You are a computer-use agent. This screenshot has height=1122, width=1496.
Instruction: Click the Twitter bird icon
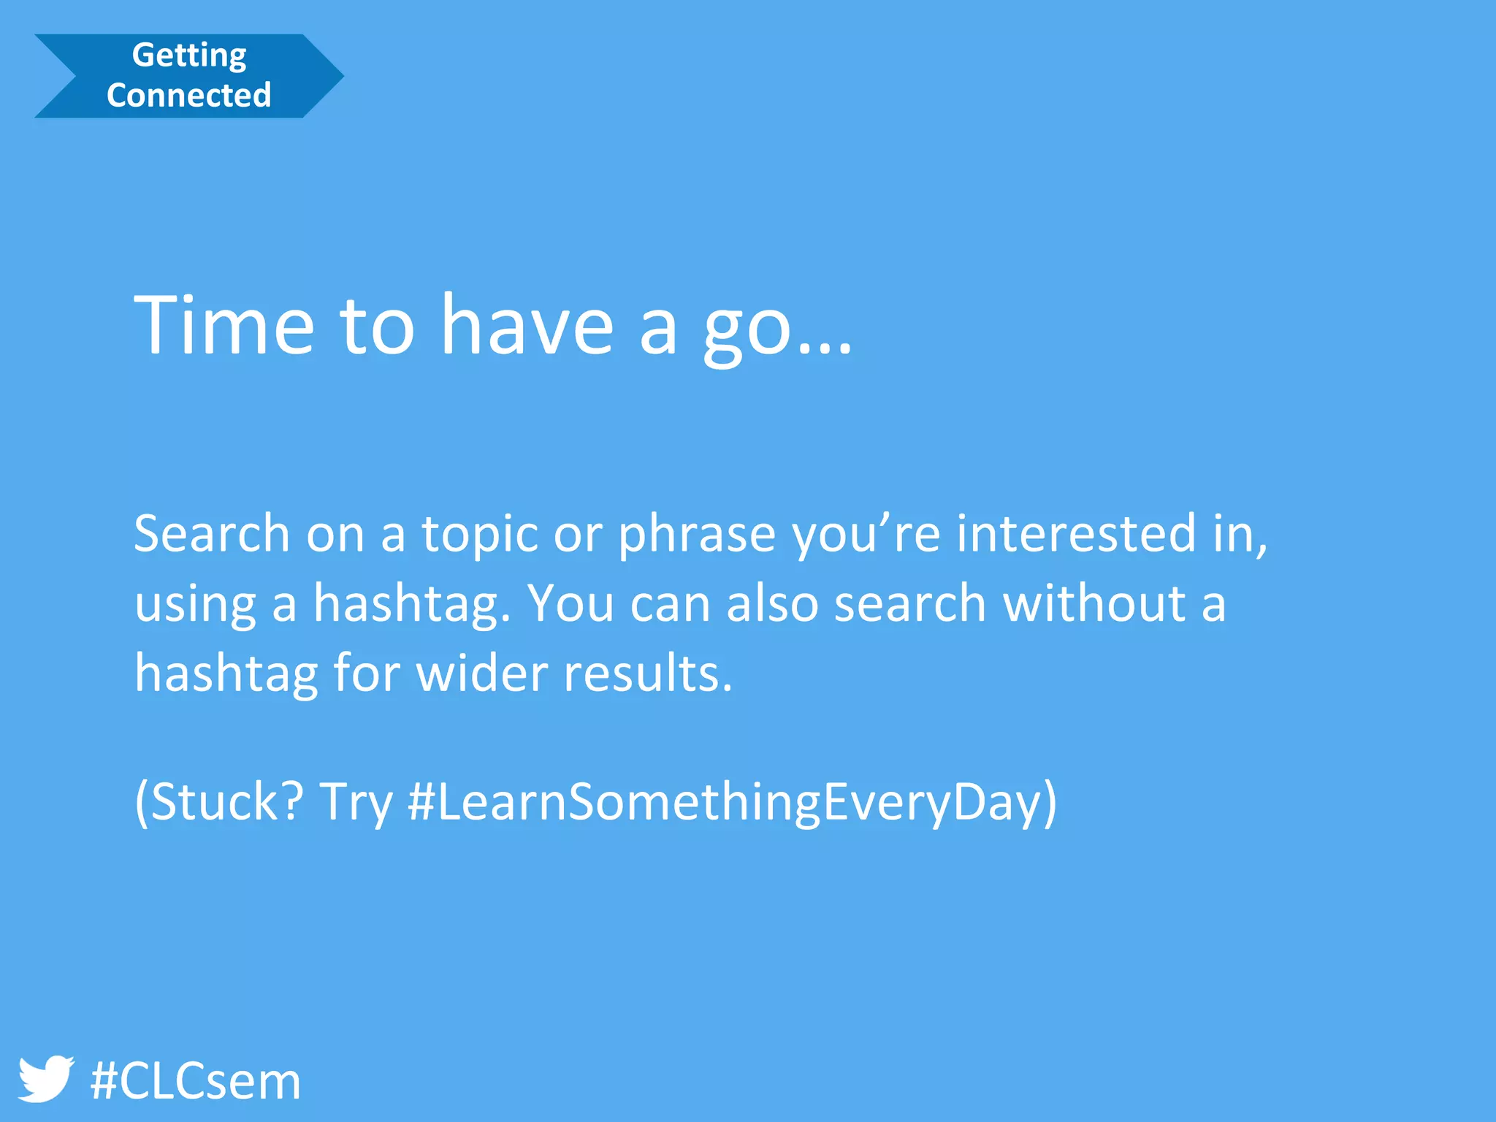(45, 1079)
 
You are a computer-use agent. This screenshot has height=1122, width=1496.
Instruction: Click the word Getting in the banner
(189, 56)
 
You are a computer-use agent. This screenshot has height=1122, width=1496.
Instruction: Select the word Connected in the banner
(189, 95)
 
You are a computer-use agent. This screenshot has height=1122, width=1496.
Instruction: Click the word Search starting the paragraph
(212, 533)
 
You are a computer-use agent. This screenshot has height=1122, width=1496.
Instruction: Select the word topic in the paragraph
(480, 535)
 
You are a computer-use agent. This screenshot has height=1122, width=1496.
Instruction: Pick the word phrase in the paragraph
(696, 535)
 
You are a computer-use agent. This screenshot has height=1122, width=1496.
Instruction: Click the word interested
(1075, 533)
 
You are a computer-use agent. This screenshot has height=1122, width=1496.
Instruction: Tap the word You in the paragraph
(570, 604)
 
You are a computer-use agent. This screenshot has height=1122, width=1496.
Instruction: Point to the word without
(1094, 604)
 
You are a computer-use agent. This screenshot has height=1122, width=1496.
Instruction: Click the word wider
(481, 673)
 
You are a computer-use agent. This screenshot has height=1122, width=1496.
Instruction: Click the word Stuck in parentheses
(218, 802)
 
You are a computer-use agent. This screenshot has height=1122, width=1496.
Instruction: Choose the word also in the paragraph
(772, 604)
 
